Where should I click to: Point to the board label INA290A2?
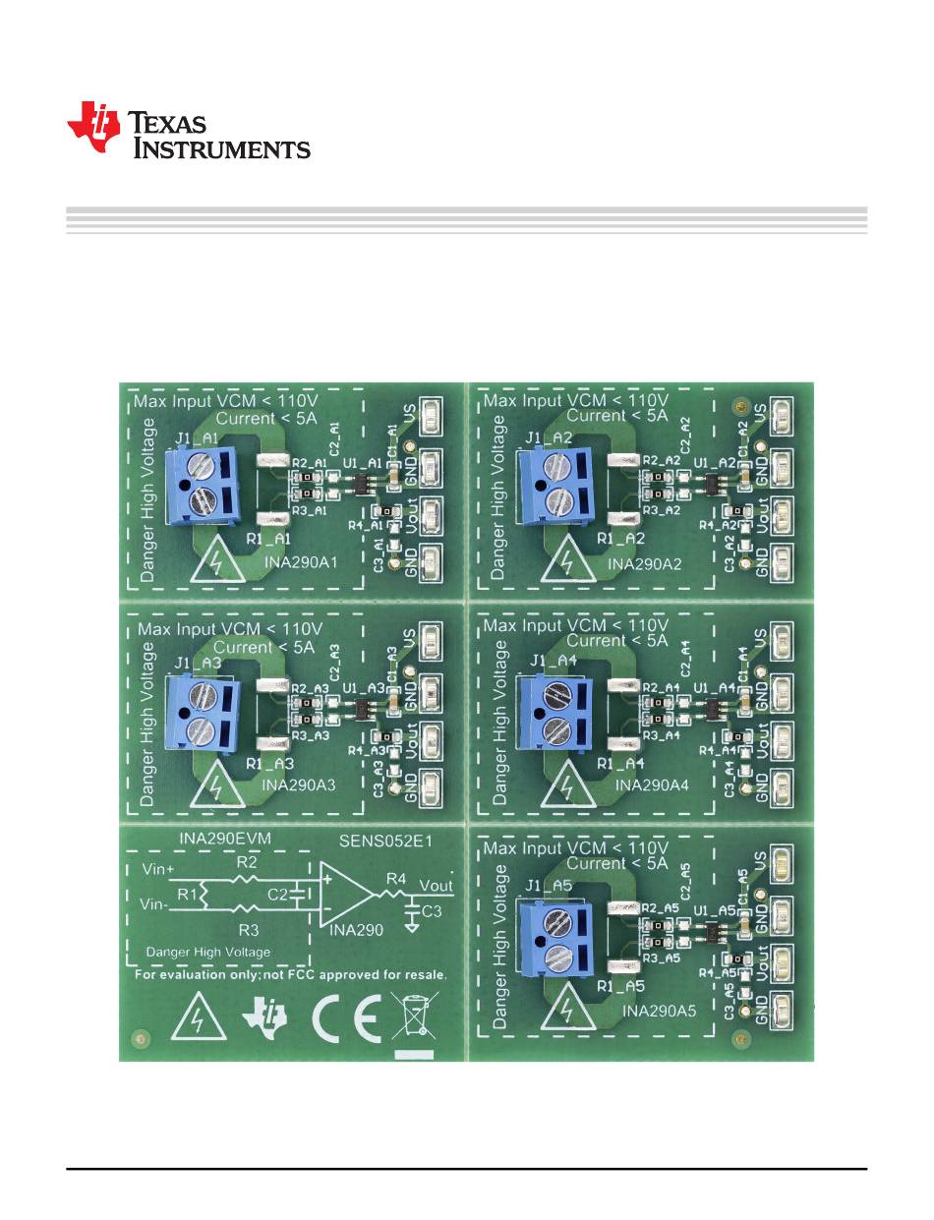(x=644, y=563)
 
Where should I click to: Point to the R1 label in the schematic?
(x=188, y=895)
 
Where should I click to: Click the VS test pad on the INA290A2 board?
(x=784, y=415)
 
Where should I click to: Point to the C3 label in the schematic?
(x=432, y=912)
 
